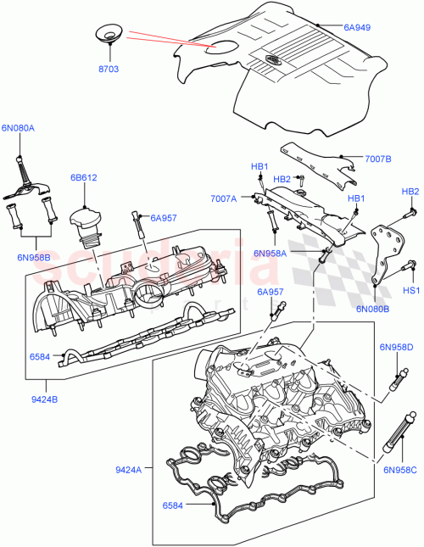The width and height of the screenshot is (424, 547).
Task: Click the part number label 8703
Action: [x=108, y=64]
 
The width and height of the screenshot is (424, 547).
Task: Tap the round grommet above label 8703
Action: [x=108, y=34]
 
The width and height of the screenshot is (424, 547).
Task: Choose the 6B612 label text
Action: [x=83, y=178]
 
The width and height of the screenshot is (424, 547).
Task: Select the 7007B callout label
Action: [x=378, y=158]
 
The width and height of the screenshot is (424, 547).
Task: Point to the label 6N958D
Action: [x=395, y=348]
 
